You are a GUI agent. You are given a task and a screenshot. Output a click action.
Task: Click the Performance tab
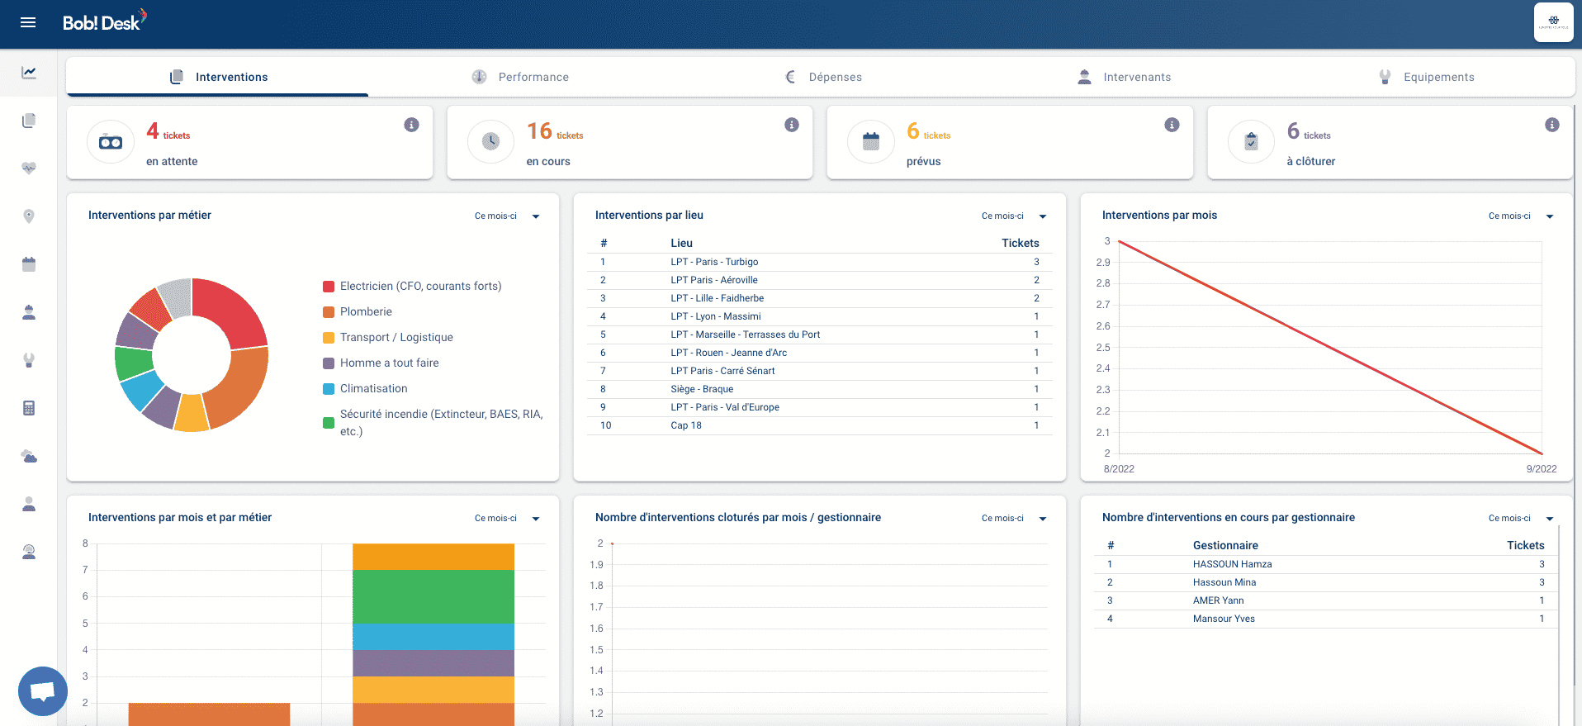(x=520, y=77)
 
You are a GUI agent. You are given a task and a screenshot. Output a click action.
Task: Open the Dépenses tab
(x=822, y=77)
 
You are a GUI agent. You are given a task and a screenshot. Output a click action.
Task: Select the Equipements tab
(x=1426, y=77)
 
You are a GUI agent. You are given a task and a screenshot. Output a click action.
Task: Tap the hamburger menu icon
(x=28, y=22)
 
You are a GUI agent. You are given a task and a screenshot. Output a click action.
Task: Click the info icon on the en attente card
(x=411, y=125)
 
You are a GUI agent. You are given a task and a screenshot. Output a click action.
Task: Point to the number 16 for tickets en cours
(x=539, y=131)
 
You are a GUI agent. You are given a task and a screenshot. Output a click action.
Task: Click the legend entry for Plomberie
(x=358, y=311)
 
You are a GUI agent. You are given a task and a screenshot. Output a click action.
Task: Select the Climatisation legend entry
(x=365, y=388)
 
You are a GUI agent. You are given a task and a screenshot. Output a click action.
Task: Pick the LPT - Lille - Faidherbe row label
(x=717, y=298)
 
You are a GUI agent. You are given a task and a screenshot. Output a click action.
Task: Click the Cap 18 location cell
(x=686, y=425)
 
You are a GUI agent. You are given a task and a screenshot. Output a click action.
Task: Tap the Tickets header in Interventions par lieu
(x=1020, y=243)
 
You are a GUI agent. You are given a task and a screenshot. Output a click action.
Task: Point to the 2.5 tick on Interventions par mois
(x=1103, y=348)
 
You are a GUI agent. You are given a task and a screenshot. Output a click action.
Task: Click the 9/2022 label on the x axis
(x=1542, y=469)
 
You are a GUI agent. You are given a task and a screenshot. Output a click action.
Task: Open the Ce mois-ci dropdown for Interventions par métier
(x=507, y=216)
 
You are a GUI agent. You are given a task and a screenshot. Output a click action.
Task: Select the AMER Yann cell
(x=1218, y=600)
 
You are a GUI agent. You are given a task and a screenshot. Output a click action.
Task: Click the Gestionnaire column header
(x=1225, y=545)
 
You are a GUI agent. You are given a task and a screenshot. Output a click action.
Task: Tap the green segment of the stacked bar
(x=433, y=596)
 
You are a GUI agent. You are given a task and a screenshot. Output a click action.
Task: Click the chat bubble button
(x=43, y=691)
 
